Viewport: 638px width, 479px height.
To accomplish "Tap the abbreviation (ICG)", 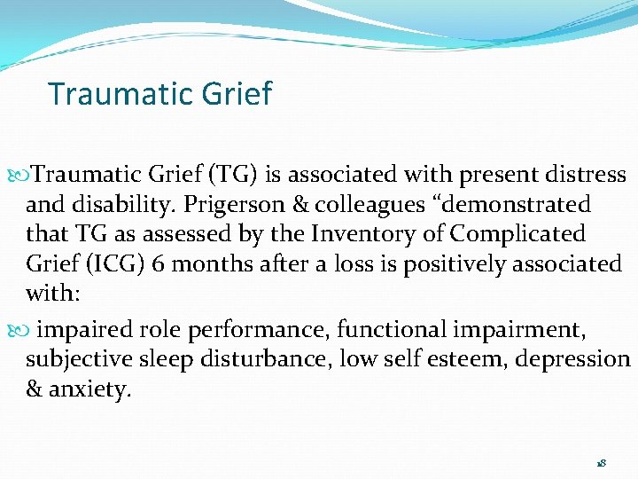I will click(x=107, y=264).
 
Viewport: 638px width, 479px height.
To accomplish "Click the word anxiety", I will click(x=91, y=389).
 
